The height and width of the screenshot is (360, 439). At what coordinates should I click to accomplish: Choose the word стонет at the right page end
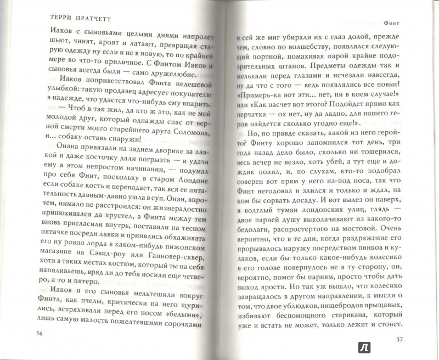coord(391,325)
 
